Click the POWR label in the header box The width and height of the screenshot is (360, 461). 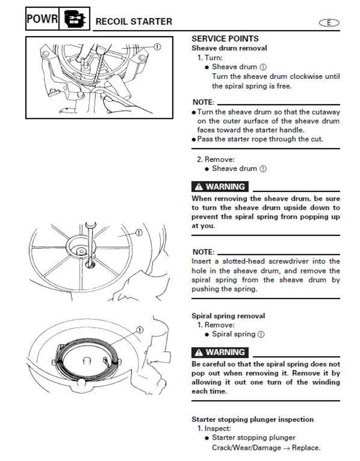coord(42,19)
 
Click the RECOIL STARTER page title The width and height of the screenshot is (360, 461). coord(134,21)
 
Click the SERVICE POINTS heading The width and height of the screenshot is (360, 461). coord(225,39)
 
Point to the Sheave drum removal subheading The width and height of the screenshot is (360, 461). coord(229,48)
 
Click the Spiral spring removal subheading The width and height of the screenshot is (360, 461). coord(228,316)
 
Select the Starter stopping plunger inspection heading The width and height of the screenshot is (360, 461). coord(252,419)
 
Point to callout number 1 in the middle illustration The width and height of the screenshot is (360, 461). coord(139,233)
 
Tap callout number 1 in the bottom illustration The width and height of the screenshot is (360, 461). coord(139,330)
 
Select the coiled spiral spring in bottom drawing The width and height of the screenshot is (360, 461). coord(86,360)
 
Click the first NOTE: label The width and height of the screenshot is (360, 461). coord(203,102)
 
